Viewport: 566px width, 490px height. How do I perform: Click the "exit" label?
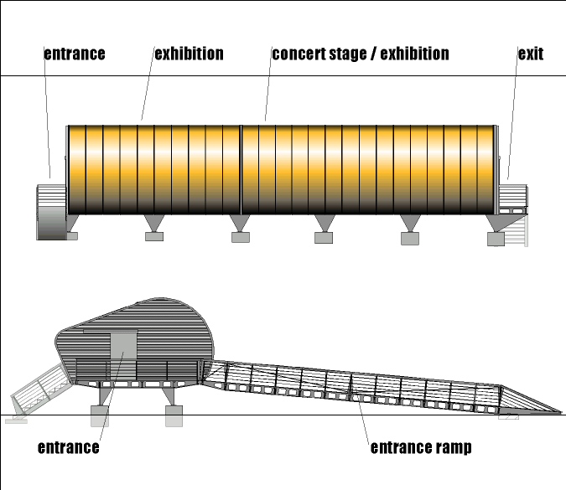click(530, 54)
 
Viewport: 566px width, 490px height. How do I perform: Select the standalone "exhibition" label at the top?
click(189, 54)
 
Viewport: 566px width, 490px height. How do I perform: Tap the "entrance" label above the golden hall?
click(75, 54)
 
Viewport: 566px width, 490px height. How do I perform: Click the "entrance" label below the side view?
click(69, 447)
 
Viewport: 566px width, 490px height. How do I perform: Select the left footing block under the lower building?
click(99, 415)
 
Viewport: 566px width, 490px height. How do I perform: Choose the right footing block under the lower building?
click(174, 415)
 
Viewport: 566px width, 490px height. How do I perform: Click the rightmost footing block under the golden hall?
click(496, 240)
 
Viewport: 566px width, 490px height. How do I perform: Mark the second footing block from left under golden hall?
click(154, 237)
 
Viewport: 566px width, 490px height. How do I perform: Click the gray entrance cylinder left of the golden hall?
click(51, 211)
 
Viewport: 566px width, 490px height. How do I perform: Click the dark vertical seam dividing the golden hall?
click(241, 168)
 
